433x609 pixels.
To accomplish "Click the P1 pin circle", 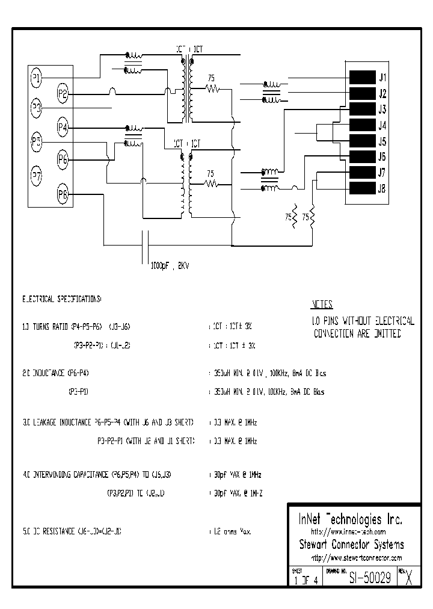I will click(x=36, y=78).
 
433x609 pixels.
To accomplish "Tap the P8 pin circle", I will click(x=63, y=194).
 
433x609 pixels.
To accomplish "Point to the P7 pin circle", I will click(x=36, y=176).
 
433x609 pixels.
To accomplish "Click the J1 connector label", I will click(x=382, y=78).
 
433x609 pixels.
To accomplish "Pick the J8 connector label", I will click(x=382, y=189).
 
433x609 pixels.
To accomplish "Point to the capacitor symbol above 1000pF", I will click(x=145, y=246).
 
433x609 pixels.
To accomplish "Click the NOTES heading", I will click(x=322, y=304).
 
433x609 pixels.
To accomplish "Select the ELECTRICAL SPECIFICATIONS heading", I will click(x=62, y=298).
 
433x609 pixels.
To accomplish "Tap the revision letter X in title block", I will click(x=410, y=578).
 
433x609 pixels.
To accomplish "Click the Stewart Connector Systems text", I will click(x=351, y=545).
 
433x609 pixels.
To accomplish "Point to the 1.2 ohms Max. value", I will click(x=230, y=532).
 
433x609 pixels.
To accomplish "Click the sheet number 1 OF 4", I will click(x=305, y=581).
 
